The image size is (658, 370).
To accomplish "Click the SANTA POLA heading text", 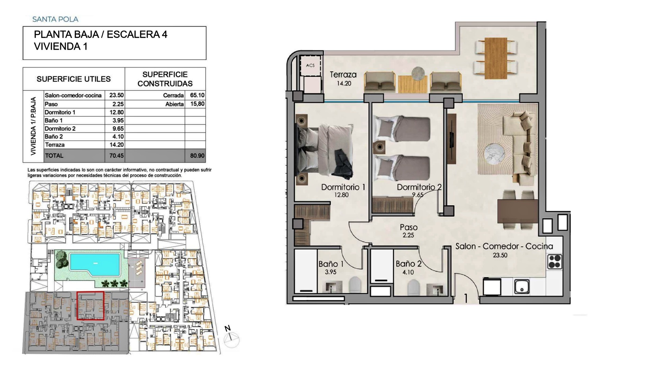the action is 55,19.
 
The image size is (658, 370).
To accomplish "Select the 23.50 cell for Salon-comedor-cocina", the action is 117,96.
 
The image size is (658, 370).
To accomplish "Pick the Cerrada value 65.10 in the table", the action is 197,96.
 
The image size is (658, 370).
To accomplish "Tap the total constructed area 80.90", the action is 197,156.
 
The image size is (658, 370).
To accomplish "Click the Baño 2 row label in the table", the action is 53,137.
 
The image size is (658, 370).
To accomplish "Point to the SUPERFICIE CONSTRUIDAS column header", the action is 165,79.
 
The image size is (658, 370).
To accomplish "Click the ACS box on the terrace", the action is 310,65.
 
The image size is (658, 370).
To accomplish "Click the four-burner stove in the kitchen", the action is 555,261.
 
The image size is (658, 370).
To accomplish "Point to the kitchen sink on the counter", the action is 522,286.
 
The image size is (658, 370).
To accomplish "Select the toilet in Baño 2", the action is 414,287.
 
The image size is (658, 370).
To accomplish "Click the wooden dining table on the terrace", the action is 496,58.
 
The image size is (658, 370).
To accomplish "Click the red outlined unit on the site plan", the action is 90,306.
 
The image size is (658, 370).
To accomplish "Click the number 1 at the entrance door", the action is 466,298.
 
